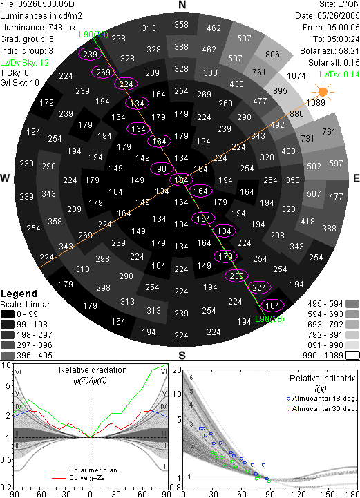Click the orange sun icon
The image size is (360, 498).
[323, 92]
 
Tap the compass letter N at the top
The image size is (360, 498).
[182, 5]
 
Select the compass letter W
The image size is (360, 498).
[5, 178]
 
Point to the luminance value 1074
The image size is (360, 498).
[296, 76]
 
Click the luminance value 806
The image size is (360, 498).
[272, 55]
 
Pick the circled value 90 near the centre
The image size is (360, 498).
[162, 169]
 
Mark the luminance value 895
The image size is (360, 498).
[280, 91]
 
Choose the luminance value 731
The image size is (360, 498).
[307, 138]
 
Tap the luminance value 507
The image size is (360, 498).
[314, 193]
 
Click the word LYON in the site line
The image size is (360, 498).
[349, 4]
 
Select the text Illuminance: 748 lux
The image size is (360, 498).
[38, 28]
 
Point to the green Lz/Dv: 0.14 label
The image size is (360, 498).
[339, 75]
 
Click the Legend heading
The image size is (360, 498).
[19, 294]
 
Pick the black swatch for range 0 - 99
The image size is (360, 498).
[8, 314]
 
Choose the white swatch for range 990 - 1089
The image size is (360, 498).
[352, 355]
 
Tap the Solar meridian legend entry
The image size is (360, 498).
[84, 470]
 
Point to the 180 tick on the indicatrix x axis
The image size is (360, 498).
[352, 494]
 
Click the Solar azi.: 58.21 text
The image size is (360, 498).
[330, 51]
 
